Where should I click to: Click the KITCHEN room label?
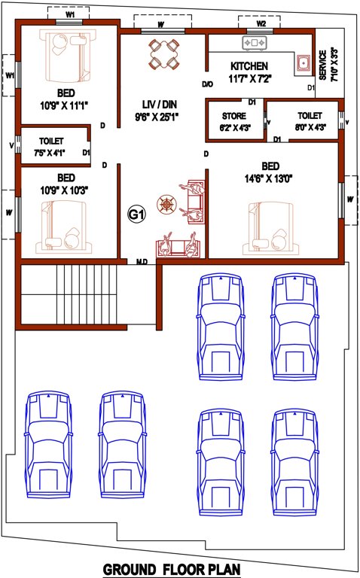tap(249, 66)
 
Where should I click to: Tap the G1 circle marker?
tap(136, 215)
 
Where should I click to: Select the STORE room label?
tap(233, 116)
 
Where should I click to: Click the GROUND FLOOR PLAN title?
tap(171, 568)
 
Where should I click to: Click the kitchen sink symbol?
tap(304, 62)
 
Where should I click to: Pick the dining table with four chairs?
tap(163, 55)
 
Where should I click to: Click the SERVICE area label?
tap(323, 64)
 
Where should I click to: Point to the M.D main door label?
tap(141, 262)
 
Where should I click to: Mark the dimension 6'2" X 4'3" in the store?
tap(234, 128)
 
